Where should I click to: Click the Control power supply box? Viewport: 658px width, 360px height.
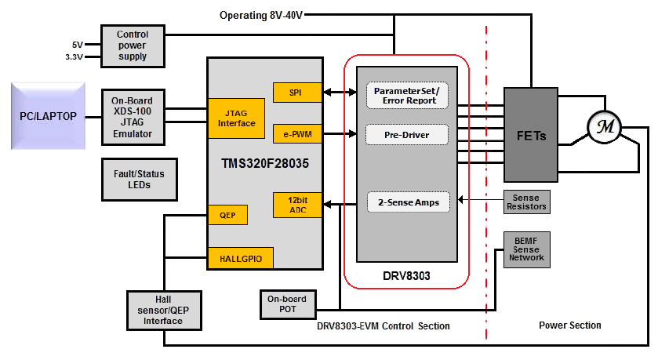tap(133, 45)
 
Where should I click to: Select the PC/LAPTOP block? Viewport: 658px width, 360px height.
tap(48, 115)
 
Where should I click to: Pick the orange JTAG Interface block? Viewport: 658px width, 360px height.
tap(235, 118)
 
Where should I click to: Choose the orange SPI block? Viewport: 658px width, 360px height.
tap(296, 93)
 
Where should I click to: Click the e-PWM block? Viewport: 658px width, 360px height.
tap(296, 134)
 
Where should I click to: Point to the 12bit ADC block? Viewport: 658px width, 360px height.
tap(296, 205)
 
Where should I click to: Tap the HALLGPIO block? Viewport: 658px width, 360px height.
tap(240, 256)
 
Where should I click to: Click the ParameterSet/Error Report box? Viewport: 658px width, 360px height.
tap(406, 95)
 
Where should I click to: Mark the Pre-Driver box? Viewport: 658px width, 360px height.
tap(406, 134)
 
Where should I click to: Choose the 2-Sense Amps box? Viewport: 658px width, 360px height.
tap(406, 202)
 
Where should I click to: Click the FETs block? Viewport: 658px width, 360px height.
tap(530, 135)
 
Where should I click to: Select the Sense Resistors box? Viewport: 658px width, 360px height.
tap(526, 202)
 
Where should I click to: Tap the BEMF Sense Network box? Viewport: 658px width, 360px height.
tap(526, 248)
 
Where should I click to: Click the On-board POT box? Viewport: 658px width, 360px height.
tap(287, 304)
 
